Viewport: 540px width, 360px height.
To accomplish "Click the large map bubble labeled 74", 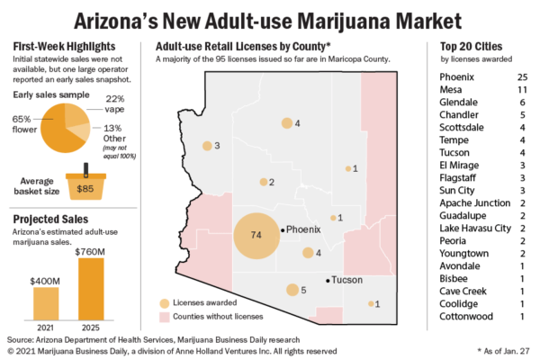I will point(256,236).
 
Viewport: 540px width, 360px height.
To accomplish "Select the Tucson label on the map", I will point(346,280).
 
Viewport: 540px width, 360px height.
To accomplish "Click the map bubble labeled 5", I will point(292,290).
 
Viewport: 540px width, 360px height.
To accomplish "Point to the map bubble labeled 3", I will point(207,145).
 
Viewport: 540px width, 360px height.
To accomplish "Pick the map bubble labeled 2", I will point(264,182).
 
